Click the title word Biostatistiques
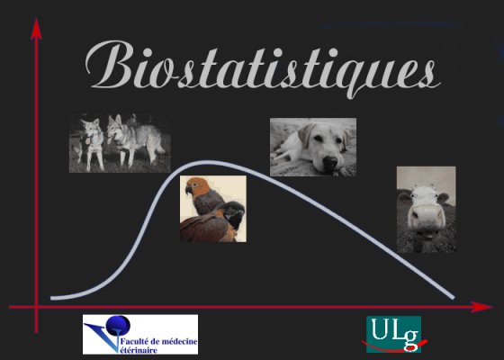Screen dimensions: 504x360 263,68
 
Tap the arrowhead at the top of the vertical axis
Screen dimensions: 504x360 36,29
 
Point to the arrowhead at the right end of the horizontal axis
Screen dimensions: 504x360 481,307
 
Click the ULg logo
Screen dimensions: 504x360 394,334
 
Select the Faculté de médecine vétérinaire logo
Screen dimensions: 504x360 140,334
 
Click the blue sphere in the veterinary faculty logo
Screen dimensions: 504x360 118,325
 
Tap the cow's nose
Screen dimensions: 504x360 427,217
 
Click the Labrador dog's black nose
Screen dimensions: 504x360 330,161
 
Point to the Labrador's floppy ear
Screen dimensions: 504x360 306,135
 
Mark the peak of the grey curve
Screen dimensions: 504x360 207,163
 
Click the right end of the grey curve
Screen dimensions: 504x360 453,297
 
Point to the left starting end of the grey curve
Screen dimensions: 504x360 52,298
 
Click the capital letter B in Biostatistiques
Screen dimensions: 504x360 110,64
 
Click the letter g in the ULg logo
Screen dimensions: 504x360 411,340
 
